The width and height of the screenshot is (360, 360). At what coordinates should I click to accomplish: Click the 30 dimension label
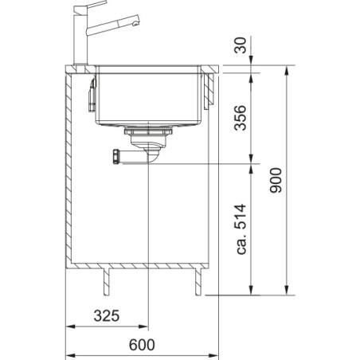click(241, 45)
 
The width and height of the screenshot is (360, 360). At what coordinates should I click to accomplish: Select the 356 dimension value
click(241, 118)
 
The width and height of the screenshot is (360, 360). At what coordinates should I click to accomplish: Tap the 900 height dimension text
click(276, 180)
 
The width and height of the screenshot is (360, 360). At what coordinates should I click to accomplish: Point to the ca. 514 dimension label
click(241, 229)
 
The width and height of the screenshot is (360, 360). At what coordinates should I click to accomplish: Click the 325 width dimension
click(107, 315)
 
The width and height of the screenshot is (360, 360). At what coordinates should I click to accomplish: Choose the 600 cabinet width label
click(142, 345)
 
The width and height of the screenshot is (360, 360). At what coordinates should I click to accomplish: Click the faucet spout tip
click(136, 23)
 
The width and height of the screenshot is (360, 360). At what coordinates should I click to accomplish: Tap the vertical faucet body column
click(80, 40)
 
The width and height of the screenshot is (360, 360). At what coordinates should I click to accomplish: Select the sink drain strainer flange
click(148, 131)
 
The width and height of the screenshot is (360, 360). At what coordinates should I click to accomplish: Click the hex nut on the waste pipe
click(116, 157)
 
